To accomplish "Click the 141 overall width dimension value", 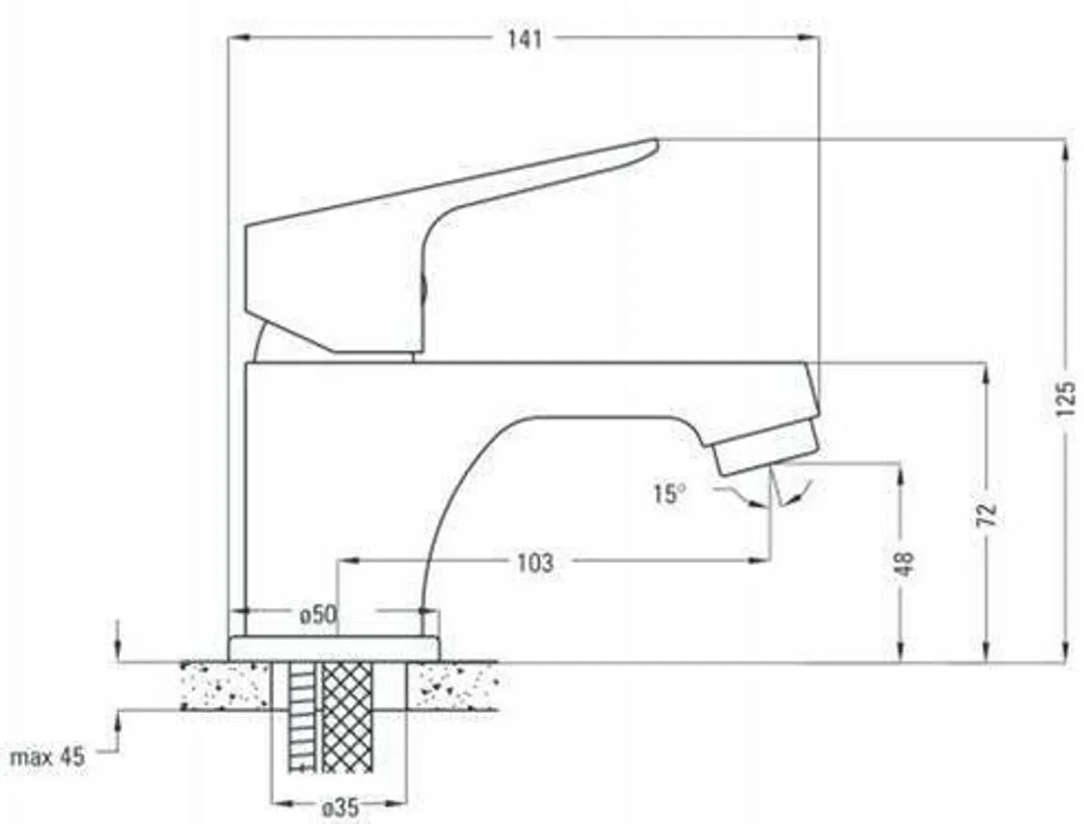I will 524,39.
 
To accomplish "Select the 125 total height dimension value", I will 1064,399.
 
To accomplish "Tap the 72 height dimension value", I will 987,513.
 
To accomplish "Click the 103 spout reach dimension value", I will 534,562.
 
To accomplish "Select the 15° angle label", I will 668,494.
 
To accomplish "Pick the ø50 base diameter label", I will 317,614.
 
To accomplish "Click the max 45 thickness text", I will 47,756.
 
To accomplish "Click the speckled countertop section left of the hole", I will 223,685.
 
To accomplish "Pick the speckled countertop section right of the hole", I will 454,685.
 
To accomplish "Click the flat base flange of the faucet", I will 334,649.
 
